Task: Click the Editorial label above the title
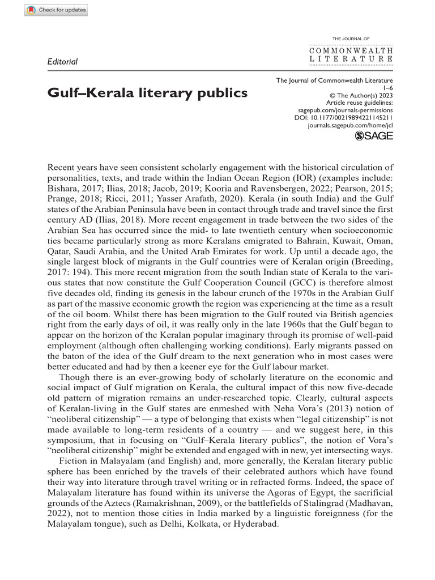[62, 61]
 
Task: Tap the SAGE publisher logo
[373, 135]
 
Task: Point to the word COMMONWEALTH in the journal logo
[351, 50]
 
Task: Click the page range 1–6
[387, 88]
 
